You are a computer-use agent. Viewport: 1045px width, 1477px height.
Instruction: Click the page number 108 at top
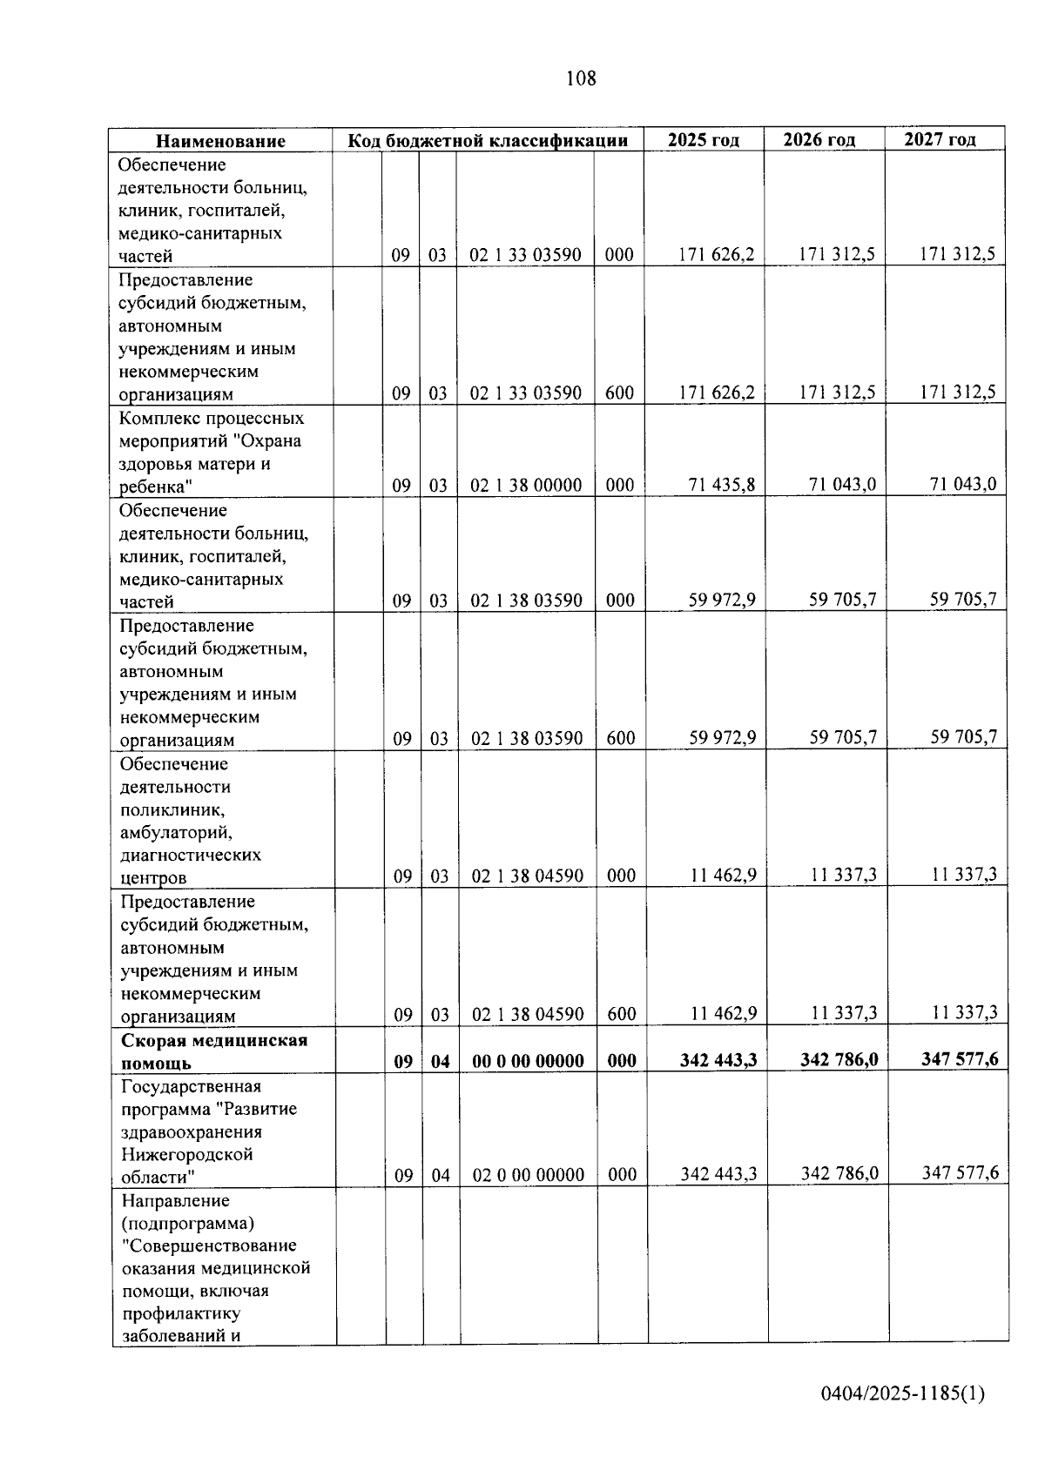pyautogui.click(x=581, y=78)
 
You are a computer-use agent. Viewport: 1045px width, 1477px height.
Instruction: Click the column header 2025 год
pyautogui.click(x=704, y=139)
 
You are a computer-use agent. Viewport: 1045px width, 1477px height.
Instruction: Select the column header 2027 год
pyautogui.click(x=940, y=139)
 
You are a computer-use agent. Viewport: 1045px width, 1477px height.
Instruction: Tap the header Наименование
pyautogui.click(x=220, y=141)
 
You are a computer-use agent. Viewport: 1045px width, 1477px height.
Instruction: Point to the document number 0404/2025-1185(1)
pyautogui.click(x=902, y=1393)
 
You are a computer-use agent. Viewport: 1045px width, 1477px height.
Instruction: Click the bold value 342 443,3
pyautogui.click(x=718, y=1060)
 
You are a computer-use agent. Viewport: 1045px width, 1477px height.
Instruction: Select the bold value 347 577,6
pyautogui.click(x=960, y=1059)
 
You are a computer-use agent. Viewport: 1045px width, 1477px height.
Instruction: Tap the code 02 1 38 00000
pyautogui.click(x=526, y=485)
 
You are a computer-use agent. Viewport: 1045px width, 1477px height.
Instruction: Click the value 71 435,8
pyautogui.click(x=722, y=484)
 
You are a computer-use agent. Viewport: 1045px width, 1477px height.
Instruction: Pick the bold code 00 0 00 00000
pyautogui.click(x=528, y=1061)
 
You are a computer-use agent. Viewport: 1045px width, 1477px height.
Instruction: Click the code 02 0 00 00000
pyautogui.click(x=529, y=1175)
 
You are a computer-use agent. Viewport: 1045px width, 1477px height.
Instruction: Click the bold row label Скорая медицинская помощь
pyautogui.click(x=213, y=1051)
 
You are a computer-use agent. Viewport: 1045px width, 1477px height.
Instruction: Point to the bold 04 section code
pyautogui.click(x=441, y=1061)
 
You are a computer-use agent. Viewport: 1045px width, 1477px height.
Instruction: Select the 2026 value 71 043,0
pyautogui.click(x=842, y=484)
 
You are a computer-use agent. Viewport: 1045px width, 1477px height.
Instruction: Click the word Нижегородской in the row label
pyautogui.click(x=186, y=1154)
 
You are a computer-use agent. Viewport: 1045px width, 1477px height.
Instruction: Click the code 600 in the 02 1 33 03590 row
pyautogui.click(x=619, y=393)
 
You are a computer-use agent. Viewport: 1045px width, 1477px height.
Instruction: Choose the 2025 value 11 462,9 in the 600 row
pyautogui.click(x=723, y=1013)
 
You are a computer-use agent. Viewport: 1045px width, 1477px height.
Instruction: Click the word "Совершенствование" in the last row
pyautogui.click(x=209, y=1245)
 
